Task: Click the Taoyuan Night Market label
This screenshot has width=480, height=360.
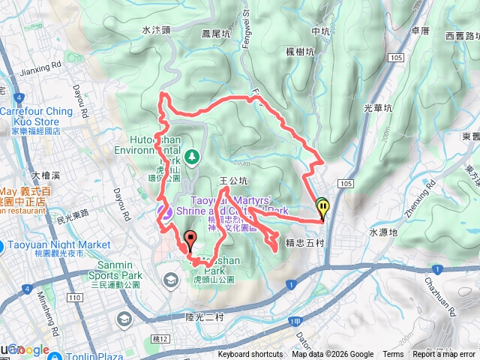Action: [x=58, y=244]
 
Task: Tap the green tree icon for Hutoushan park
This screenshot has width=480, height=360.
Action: [x=193, y=156]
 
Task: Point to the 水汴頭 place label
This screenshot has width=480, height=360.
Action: [x=156, y=31]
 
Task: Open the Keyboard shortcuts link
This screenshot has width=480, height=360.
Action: [x=250, y=355]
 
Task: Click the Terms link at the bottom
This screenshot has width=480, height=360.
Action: [x=393, y=355]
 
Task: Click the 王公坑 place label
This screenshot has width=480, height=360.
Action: [x=232, y=181]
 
